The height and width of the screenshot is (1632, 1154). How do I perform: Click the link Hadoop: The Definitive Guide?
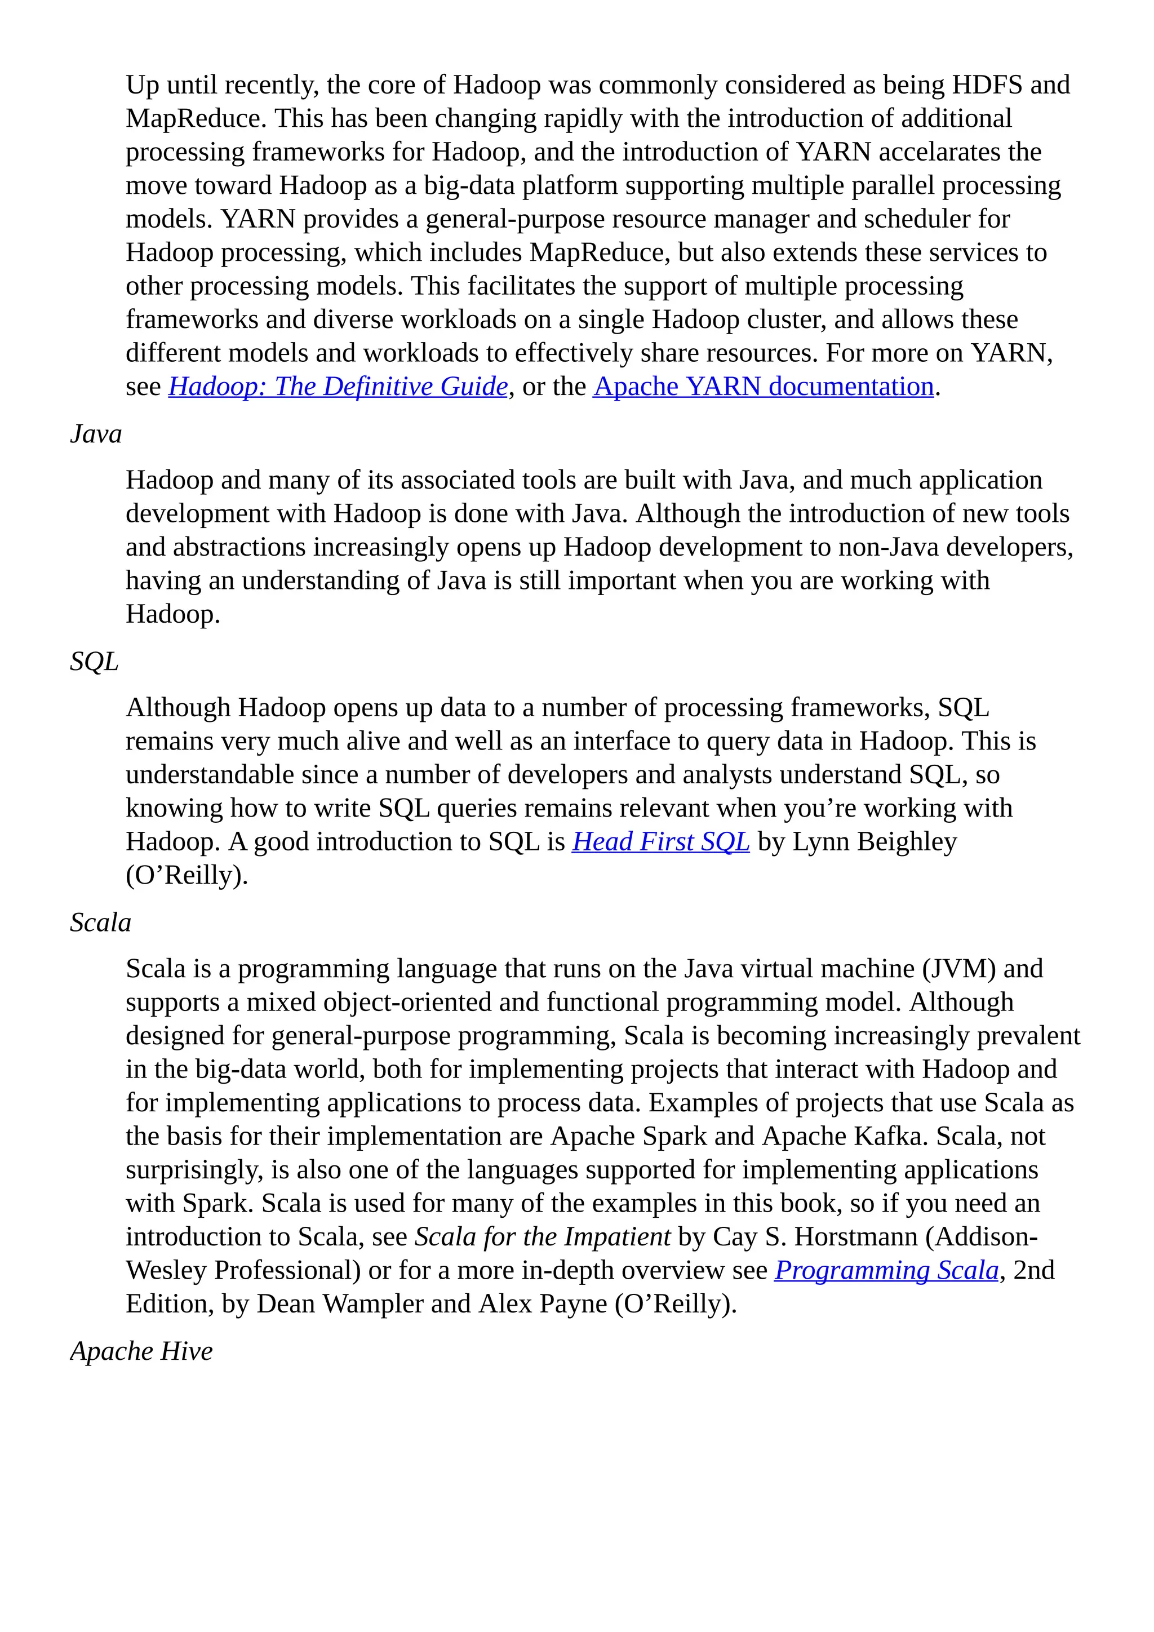pyautogui.click(x=338, y=387)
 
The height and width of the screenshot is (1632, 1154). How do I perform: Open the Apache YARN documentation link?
pyautogui.click(x=763, y=387)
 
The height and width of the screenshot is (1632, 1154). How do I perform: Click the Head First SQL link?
pyautogui.click(x=660, y=841)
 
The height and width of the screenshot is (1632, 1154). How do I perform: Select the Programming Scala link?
pyautogui.click(x=886, y=1270)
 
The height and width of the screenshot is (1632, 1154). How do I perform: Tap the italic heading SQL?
pyautogui.click(x=94, y=662)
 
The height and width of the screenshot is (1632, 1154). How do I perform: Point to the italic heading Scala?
pyautogui.click(x=100, y=923)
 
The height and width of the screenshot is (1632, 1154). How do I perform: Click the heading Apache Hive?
pyautogui.click(x=141, y=1351)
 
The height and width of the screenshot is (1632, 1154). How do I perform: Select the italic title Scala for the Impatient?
pyautogui.click(x=542, y=1237)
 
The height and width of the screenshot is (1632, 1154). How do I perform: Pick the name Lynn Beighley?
pyautogui.click(x=874, y=841)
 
